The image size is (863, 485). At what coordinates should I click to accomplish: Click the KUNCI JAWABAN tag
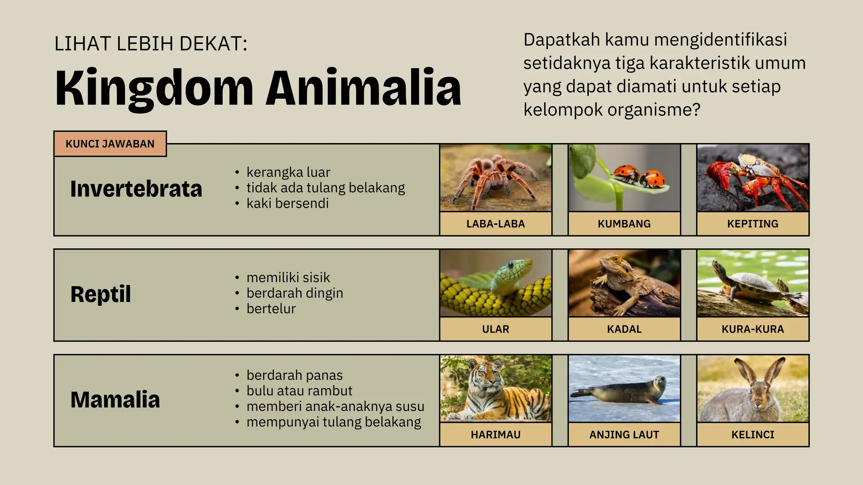pos(110,144)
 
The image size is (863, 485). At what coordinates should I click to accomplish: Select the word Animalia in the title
pos(363,88)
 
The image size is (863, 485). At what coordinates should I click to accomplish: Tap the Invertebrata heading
pos(136,189)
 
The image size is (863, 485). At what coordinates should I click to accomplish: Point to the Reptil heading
pos(101,294)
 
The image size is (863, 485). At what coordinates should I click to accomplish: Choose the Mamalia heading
pos(115,400)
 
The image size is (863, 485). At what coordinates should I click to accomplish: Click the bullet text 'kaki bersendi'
pos(287,203)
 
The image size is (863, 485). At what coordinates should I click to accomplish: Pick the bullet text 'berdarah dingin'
pos(295,293)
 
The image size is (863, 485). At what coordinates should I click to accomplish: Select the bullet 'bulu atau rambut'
pos(299,391)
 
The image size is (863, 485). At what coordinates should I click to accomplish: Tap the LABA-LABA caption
pos(496,224)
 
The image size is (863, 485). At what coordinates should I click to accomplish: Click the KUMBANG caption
pos(624,224)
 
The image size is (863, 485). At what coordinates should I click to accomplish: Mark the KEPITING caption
pos(753,224)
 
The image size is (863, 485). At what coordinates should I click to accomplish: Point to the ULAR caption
pos(496,329)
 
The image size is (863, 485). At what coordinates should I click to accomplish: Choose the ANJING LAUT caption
pos(624,434)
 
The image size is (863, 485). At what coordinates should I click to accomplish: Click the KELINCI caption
pos(753,434)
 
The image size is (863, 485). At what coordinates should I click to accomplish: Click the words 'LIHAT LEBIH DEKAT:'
pos(151,44)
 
